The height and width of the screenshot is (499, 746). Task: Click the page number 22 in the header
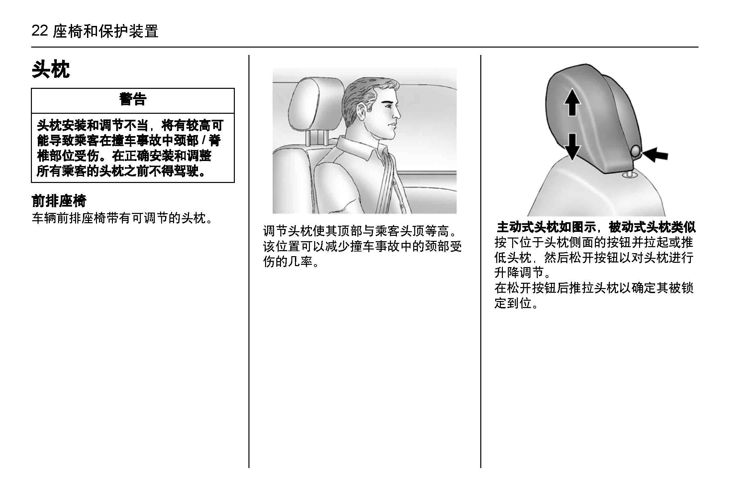point(40,31)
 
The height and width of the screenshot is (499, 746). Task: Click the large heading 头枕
point(51,70)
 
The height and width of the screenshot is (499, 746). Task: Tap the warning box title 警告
point(133,99)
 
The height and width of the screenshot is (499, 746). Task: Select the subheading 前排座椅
point(59,201)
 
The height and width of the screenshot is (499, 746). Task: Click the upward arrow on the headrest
point(572,102)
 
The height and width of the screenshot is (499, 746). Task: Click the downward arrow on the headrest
point(572,147)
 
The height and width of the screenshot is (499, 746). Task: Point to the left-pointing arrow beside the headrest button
point(655,155)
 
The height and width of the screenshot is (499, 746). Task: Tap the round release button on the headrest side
point(636,151)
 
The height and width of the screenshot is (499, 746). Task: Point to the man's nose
point(397,113)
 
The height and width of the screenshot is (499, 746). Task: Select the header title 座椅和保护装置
point(106,31)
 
